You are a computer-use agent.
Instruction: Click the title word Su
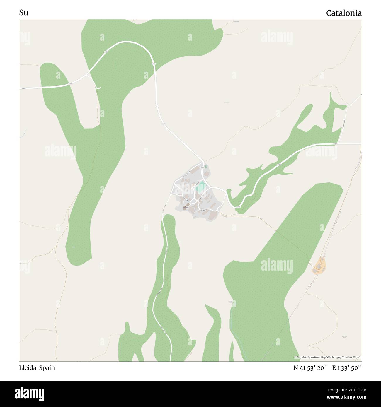click(x=24, y=13)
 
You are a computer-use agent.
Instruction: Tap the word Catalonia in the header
click(x=344, y=13)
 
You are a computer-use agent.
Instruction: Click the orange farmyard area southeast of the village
click(x=319, y=266)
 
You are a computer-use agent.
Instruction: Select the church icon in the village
click(x=185, y=207)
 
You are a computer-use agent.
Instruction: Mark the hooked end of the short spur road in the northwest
click(x=99, y=88)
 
